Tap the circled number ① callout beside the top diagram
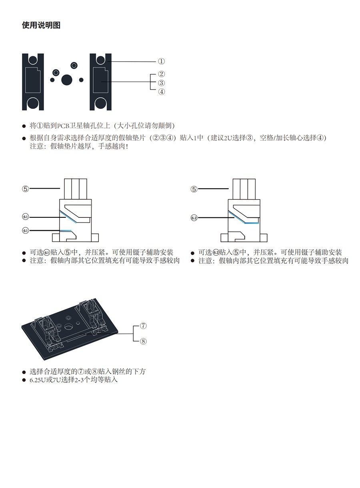[x=161, y=61]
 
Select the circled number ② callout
[x=161, y=74]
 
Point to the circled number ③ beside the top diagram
[x=161, y=83]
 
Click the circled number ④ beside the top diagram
[x=161, y=92]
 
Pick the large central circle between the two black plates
[x=67, y=79]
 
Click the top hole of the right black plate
[x=100, y=60]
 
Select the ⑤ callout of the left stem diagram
[x=26, y=189]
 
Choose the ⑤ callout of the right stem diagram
[x=194, y=189]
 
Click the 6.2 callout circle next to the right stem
[x=194, y=218]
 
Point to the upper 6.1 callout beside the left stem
[x=26, y=217]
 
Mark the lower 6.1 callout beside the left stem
[x=26, y=231]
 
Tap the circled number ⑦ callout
[x=144, y=325]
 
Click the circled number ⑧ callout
[x=144, y=341]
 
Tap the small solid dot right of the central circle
[x=81, y=80]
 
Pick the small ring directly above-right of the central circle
[x=74, y=65]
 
